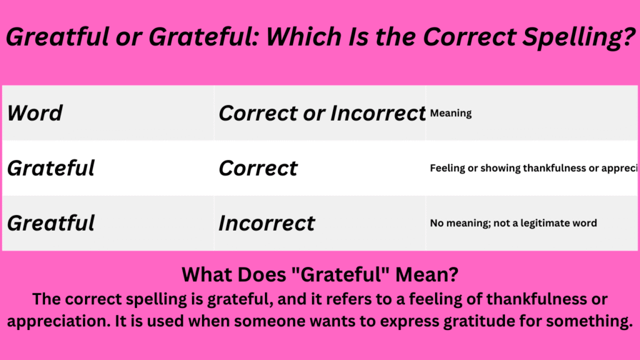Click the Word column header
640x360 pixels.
pos(35,114)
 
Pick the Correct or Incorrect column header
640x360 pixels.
pos(322,114)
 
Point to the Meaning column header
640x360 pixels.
pos(451,114)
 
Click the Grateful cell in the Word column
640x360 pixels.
pos(51,168)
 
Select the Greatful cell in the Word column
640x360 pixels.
pos(51,223)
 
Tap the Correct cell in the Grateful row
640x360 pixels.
pos(258,168)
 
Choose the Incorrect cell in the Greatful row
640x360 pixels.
pos(267,223)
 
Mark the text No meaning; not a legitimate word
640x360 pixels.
pos(513,223)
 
